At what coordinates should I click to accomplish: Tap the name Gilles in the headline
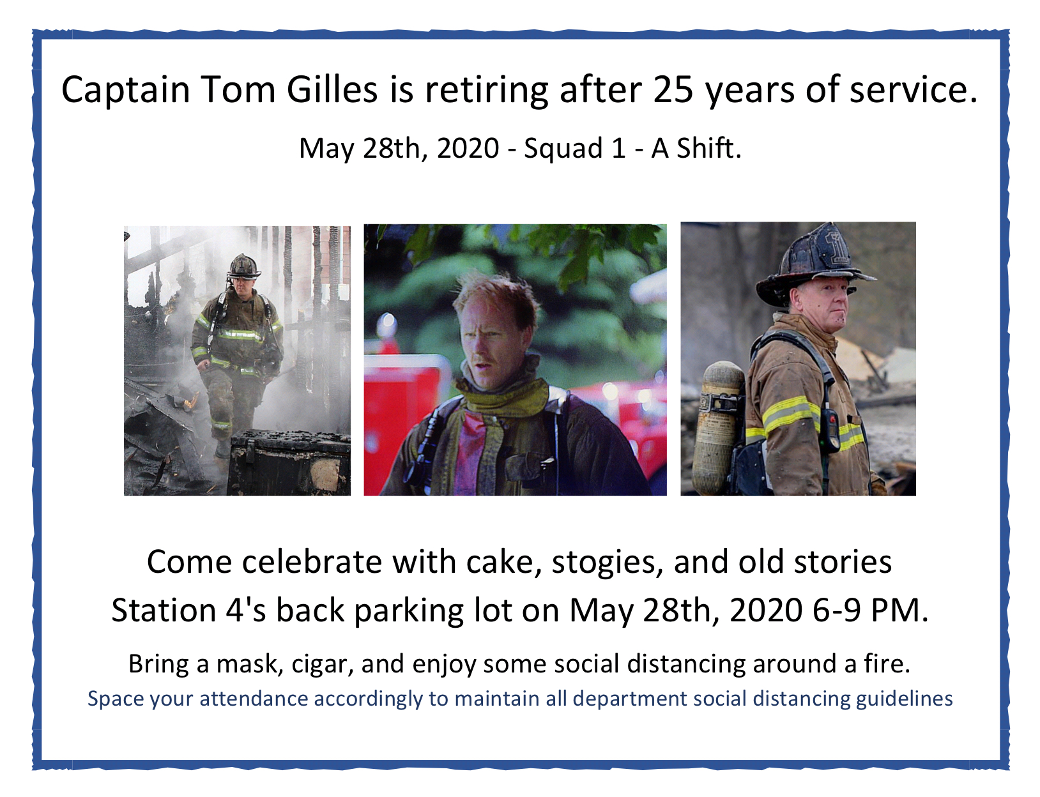332,89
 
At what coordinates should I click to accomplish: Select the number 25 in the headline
673,89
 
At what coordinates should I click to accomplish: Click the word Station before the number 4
163,611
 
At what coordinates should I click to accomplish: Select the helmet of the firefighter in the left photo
243,267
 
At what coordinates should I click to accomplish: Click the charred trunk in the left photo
289,462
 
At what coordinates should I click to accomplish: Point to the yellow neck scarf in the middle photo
503,399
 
